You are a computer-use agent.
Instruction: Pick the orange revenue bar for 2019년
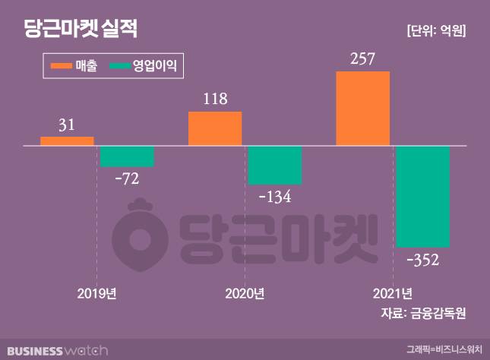tap(67, 141)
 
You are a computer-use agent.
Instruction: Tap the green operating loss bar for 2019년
tap(127, 156)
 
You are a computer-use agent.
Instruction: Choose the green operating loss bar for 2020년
tap(275, 165)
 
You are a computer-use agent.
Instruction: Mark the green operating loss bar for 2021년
tap(422, 196)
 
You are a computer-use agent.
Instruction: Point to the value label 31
tap(67, 125)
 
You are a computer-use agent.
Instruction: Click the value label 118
tap(215, 99)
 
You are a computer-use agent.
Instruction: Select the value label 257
tap(362, 58)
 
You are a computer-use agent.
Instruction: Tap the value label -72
tap(126, 180)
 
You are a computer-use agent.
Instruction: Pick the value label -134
tap(275, 197)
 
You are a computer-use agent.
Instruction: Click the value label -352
tap(423, 261)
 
